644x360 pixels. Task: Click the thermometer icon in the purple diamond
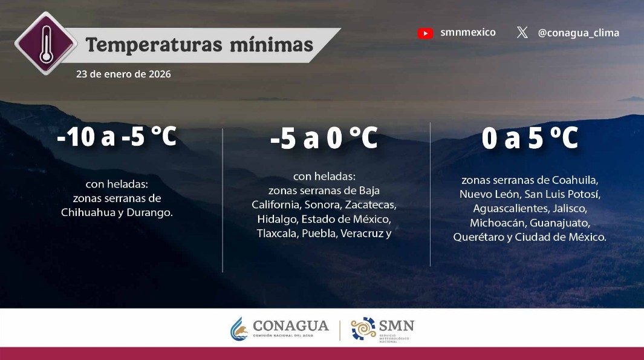coord(45,44)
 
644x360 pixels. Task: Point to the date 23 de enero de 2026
coord(123,74)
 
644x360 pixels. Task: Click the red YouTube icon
coord(425,33)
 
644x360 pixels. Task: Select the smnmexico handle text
coord(468,33)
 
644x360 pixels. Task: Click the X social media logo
coord(522,33)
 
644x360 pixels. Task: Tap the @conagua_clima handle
coord(578,33)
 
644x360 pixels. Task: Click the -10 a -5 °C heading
coord(117,137)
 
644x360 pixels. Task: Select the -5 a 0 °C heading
coord(324,139)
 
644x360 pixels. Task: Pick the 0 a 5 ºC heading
coord(530,139)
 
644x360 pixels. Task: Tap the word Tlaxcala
coord(276,234)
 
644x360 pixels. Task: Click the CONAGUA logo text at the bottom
coord(290,326)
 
